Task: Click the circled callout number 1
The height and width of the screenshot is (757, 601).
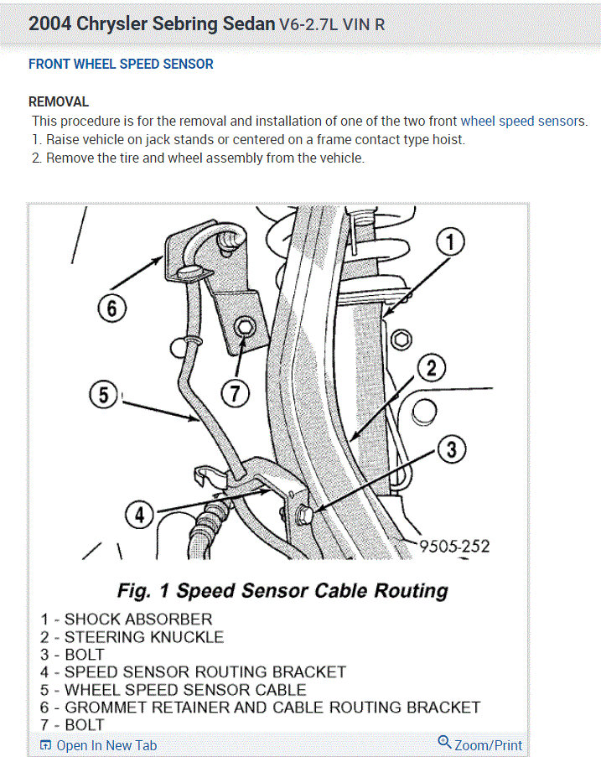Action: [x=450, y=243]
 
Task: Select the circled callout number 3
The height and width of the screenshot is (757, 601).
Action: [x=451, y=450]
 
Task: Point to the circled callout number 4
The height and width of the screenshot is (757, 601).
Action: [x=140, y=514]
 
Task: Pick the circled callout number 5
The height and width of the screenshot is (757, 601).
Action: [x=104, y=394]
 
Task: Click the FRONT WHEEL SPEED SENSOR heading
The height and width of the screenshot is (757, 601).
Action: [x=121, y=65]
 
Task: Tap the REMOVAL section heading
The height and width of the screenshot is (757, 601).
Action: [x=59, y=102]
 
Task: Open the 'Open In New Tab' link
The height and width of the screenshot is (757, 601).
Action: [x=106, y=745]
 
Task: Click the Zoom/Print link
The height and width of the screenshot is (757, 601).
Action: [x=487, y=744]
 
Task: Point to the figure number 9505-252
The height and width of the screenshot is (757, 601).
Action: [x=453, y=546]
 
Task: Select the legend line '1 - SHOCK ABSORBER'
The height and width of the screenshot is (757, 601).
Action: [x=127, y=620]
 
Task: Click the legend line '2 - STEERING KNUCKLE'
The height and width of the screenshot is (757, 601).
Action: [x=132, y=637]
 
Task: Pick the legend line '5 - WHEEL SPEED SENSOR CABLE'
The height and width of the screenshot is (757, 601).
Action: [x=174, y=690]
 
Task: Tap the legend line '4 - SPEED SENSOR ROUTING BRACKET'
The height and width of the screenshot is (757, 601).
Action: [x=193, y=672]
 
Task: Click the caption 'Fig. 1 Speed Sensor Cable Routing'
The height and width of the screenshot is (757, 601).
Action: [x=282, y=591]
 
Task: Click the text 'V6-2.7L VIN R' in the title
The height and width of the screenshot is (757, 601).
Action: [x=332, y=24]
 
